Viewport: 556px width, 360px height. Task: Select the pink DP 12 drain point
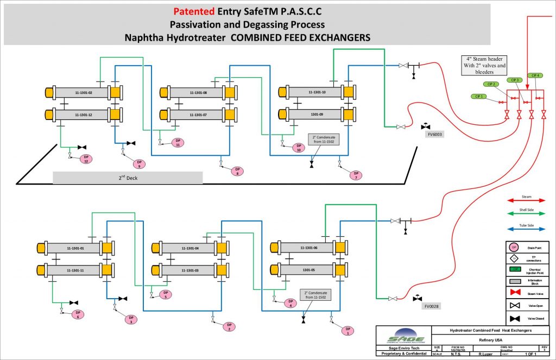85,159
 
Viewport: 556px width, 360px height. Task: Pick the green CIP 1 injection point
478,97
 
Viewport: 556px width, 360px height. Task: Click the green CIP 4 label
535,75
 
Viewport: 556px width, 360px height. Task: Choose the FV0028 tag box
433,306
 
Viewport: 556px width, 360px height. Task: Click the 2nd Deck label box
128,178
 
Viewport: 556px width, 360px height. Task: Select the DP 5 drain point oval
166,294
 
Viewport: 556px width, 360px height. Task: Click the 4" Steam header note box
484,65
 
